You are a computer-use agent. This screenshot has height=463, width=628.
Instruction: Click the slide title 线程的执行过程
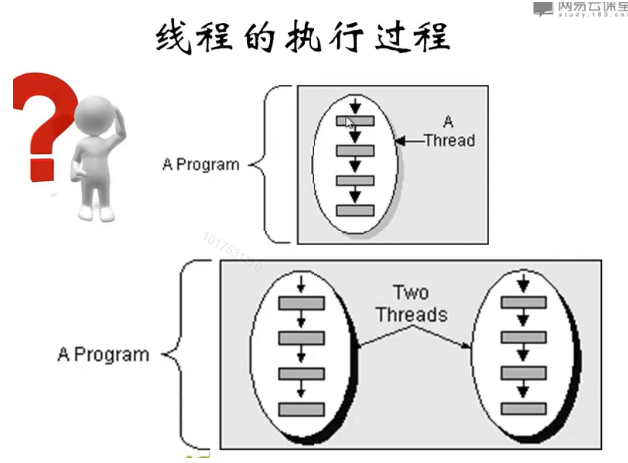click(x=304, y=39)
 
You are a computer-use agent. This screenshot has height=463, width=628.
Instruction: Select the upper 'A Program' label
click(x=200, y=164)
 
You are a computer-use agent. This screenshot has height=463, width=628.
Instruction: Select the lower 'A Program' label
click(x=103, y=354)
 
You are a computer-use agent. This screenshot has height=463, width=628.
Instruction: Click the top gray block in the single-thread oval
click(x=355, y=121)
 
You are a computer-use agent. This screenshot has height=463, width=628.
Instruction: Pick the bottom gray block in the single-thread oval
click(x=355, y=211)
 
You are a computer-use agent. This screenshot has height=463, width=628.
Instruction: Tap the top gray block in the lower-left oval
click(x=301, y=303)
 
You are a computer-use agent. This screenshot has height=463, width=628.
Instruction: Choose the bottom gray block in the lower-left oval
click(x=301, y=409)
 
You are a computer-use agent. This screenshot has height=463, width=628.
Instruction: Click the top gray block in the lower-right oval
click(x=524, y=303)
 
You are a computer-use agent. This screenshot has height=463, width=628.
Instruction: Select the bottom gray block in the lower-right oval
click(x=524, y=408)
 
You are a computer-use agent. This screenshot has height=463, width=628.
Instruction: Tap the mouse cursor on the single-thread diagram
click(x=348, y=122)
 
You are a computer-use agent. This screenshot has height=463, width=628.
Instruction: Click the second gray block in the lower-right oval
click(x=524, y=338)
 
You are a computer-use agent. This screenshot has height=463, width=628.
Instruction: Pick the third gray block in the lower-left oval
click(x=301, y=374)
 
